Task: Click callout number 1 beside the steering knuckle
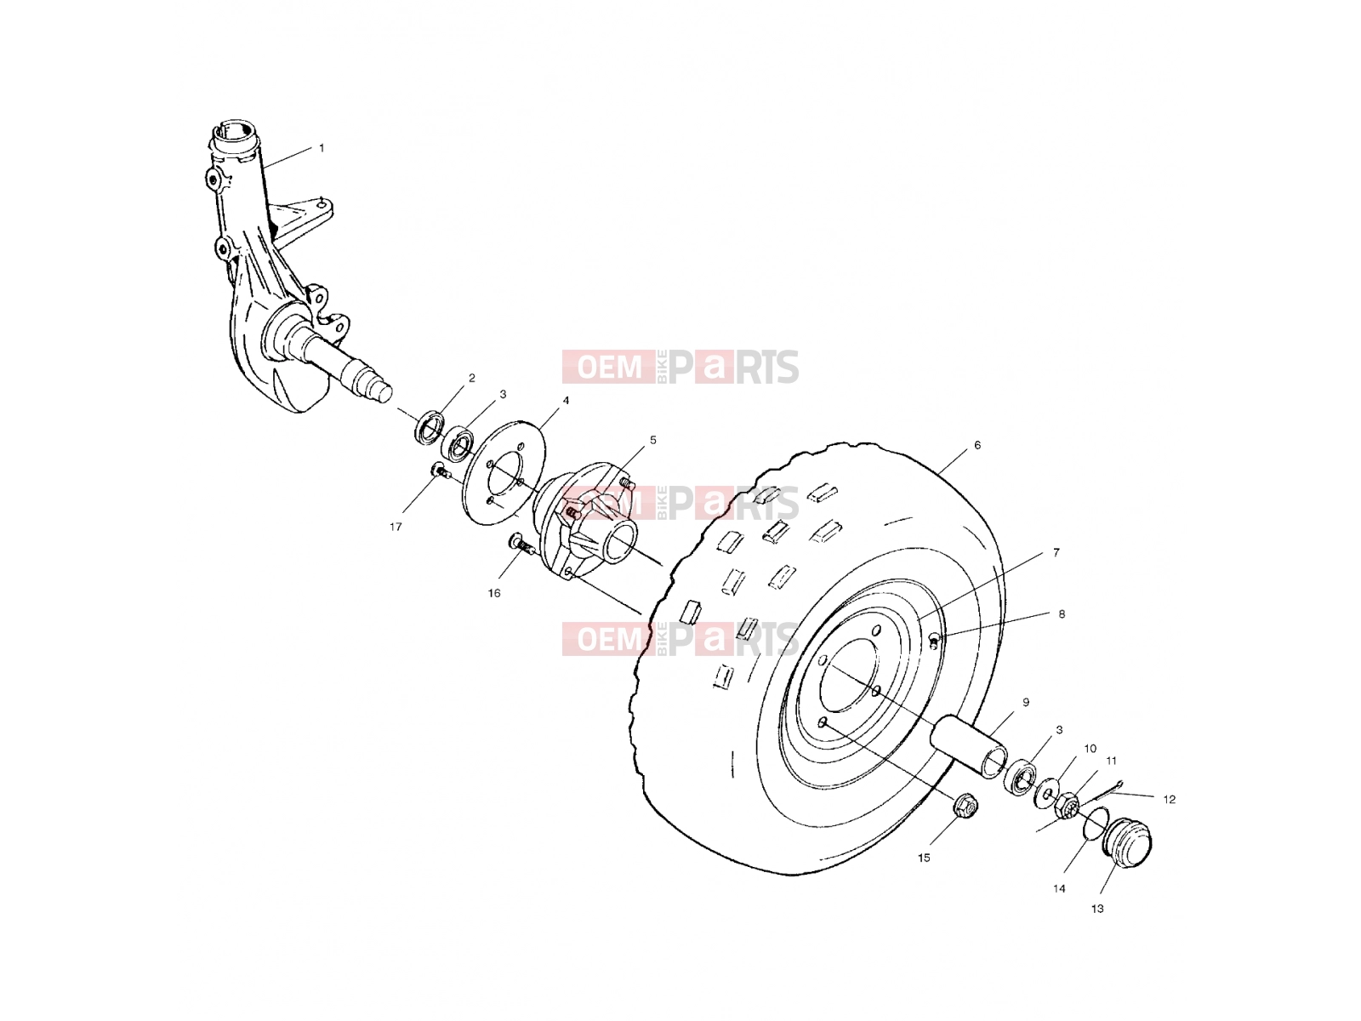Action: pyautogui.click(x=322, y=148)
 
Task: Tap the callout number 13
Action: pyautogui.click(x=1097, y=909)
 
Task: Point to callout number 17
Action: pyautogui.click(x=396, y=527)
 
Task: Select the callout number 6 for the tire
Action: pyautogui.click(x=978, y=445)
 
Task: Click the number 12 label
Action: pyautogui.click(x=1170, y=800)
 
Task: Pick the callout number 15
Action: pyautogui.click(x=924, y=858)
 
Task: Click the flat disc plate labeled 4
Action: pyautogui.click(x=504, y=473)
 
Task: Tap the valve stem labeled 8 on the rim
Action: pyautogui.click(x=934, y=642)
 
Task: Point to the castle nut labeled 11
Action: pyautogui.click(x=1068, y=805)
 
